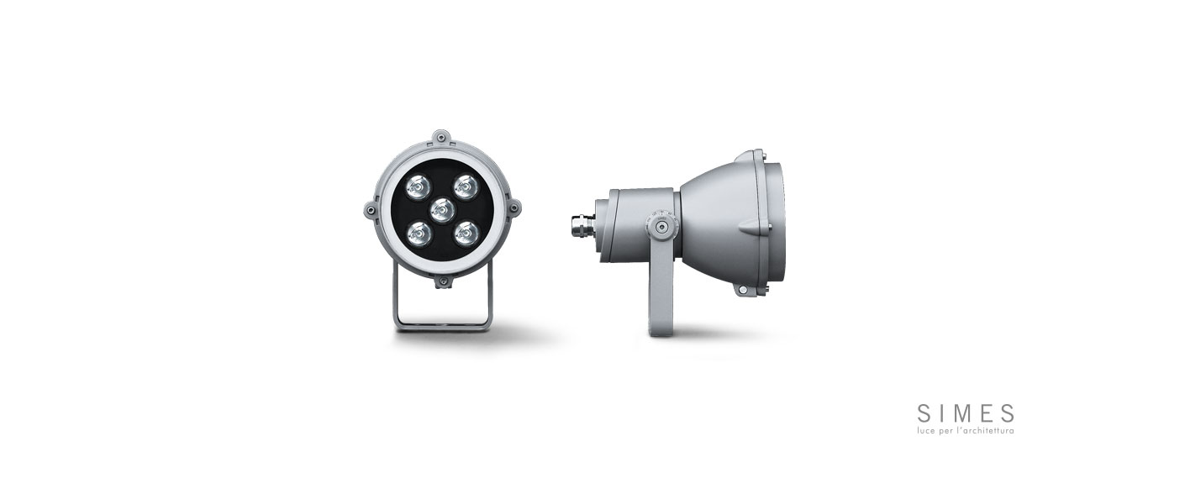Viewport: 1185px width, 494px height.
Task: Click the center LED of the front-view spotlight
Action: click(x=442, y=211)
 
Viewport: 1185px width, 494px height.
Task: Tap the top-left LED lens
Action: click(x=419, y=187)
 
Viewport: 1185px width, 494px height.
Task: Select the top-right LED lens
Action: click(x=466, y=187)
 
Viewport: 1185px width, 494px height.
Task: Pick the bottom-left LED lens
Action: click(x=419, y=234)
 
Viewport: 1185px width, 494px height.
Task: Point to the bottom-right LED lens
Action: click(x=466, y=234)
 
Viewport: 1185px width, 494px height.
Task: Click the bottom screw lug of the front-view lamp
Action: click(x=442, y=282)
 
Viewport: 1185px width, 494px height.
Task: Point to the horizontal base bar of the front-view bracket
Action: click(x=443, y=327)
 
